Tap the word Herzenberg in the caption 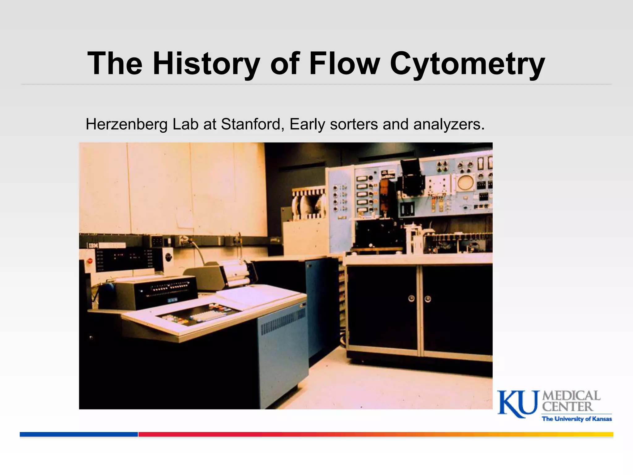click(x=126, y=124)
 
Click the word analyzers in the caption click(x=448, y=124)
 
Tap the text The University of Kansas click(x=577, y=419)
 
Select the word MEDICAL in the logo click(x=571, y=396)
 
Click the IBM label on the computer click(x=93, y=246)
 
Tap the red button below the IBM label click(x=90, y=260)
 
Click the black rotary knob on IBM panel click(x=168, y=256)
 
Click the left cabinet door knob click(x=411, y=298)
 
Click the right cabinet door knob click(x=428, y=299)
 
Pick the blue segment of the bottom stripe click(x=79, y=434)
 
